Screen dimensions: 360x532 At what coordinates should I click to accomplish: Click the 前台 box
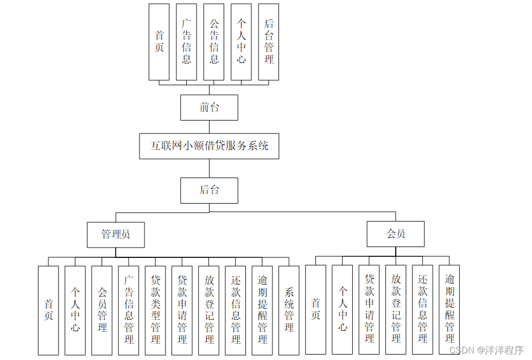[x=209, y=108]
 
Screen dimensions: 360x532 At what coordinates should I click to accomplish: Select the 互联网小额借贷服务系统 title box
[x=209, y=146]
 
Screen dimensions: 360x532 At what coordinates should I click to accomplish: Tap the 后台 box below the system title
[x=209, y=190]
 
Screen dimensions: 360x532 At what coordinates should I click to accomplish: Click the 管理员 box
[x=116, y=235]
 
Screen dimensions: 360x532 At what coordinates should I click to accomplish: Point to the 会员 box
[x=396, y=235]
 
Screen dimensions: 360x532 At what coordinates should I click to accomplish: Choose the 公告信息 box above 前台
[x=214, y=42]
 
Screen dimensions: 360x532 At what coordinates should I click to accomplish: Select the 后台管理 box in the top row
[x=269, y=42]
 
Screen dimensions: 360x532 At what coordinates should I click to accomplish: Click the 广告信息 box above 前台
[x=186, y=42]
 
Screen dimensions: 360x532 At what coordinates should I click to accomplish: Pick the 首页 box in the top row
[x=159, y=42]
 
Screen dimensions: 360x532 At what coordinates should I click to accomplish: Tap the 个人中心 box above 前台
[x=241, y=42]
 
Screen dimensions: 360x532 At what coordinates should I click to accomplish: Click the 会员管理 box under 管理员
[x=102, y=310]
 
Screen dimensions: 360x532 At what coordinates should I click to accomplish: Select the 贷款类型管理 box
[x=155, y=310]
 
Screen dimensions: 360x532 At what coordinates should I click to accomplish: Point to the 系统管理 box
[x=289, y=310]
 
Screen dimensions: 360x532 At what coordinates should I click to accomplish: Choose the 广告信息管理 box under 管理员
[x=129, y=310]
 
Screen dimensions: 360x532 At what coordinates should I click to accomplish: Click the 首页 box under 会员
[x=315, y=310]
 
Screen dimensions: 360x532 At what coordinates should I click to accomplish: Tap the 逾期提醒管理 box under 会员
[x=449, y=310]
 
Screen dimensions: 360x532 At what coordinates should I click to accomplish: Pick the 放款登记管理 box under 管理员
[x=209, y=310]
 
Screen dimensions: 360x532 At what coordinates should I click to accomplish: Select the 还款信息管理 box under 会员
[x=422, y=310]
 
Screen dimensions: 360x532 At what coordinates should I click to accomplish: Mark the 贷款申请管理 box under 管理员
[x=182, y=310]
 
